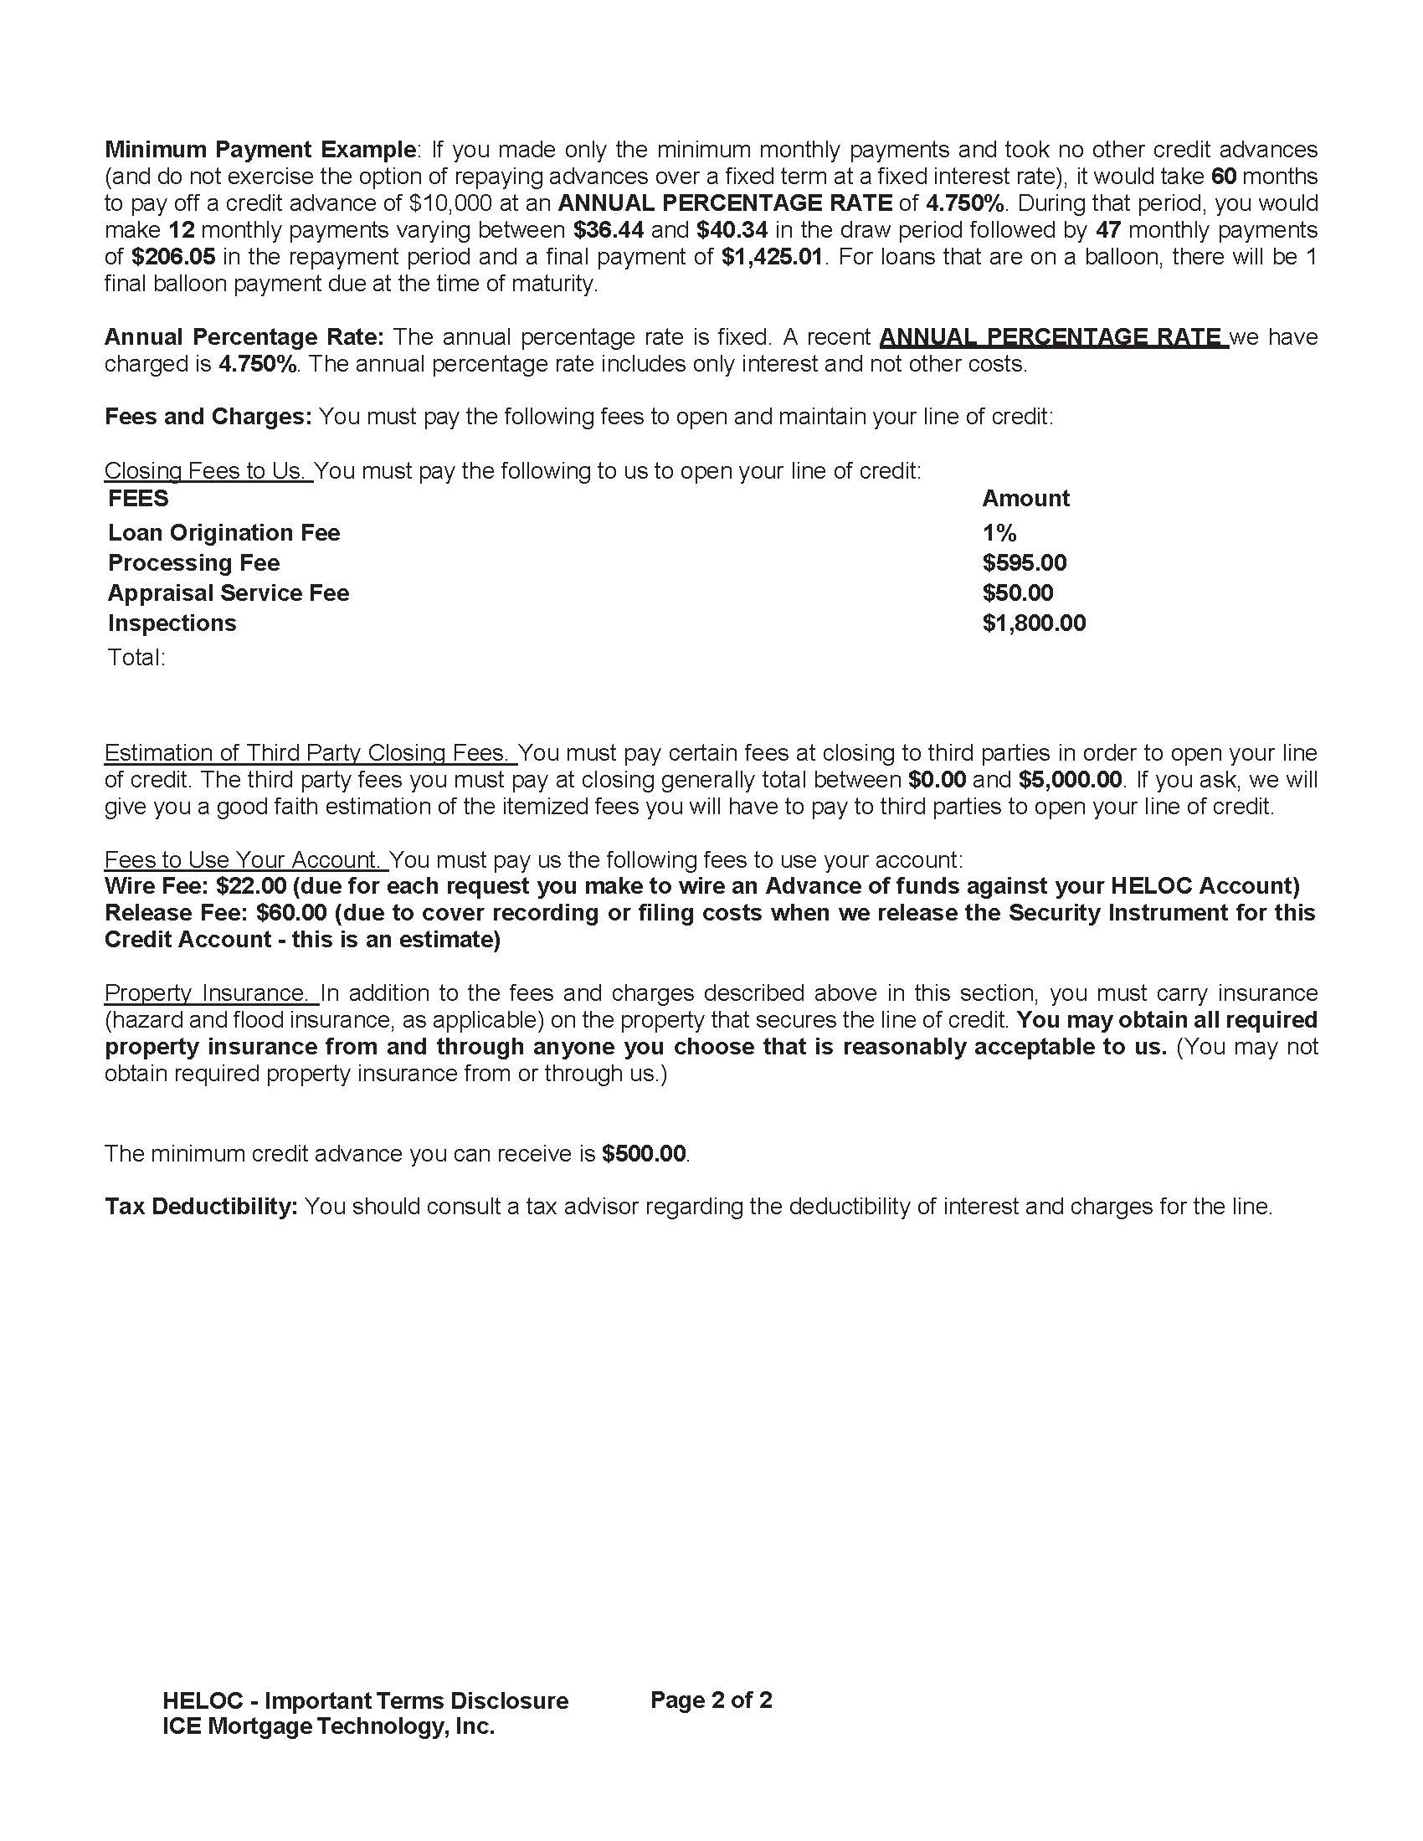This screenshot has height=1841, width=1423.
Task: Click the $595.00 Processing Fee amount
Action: point(1025,563)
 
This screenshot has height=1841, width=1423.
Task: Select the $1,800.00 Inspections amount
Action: point(1034,623)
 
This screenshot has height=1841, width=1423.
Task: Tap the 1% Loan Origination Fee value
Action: point(999,533)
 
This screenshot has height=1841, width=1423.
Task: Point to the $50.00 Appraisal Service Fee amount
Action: point(1018,593)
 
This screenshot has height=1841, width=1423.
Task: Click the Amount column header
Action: point(1025,498)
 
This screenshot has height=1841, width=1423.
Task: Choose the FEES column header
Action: point(138,498)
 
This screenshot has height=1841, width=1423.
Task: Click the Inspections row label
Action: point(172,623)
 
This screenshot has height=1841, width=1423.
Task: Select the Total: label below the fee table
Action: point(136,658)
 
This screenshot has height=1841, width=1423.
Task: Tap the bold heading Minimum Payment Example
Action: point(259,150)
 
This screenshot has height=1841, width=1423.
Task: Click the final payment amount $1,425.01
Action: point(772,257)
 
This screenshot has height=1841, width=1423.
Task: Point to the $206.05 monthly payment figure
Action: point(172,257)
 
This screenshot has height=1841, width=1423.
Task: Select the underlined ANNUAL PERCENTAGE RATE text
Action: point(1052,337)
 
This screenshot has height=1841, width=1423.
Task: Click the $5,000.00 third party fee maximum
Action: point(1070,780)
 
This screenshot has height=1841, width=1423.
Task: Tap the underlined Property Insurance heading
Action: point(210,993)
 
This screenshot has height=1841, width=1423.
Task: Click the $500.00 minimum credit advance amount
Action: point(644,1154)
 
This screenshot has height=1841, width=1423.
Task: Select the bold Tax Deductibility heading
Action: point(201,1207)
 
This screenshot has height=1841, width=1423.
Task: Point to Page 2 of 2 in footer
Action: point(711,1700)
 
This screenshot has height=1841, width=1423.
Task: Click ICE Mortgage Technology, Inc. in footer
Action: point(328,1726)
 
